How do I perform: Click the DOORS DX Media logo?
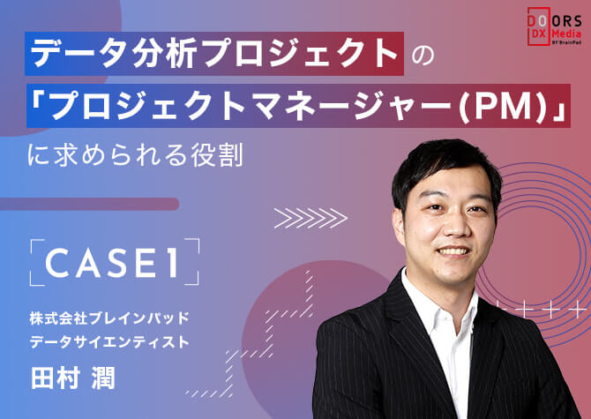click(554, 26)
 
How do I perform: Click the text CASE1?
click(111, 262)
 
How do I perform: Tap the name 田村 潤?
click(72, 378)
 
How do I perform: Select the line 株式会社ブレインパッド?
click(109, 318)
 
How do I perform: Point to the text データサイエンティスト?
click(109, 342)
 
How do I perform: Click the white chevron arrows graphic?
click(310, 218)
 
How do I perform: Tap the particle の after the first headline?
click(423, 55)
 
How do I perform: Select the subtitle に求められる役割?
click(135, 154)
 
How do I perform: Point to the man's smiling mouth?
click(453, 251)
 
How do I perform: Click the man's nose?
click(453, 225)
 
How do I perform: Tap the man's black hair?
click(445, 166)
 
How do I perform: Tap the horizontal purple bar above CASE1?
click(89, 204)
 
